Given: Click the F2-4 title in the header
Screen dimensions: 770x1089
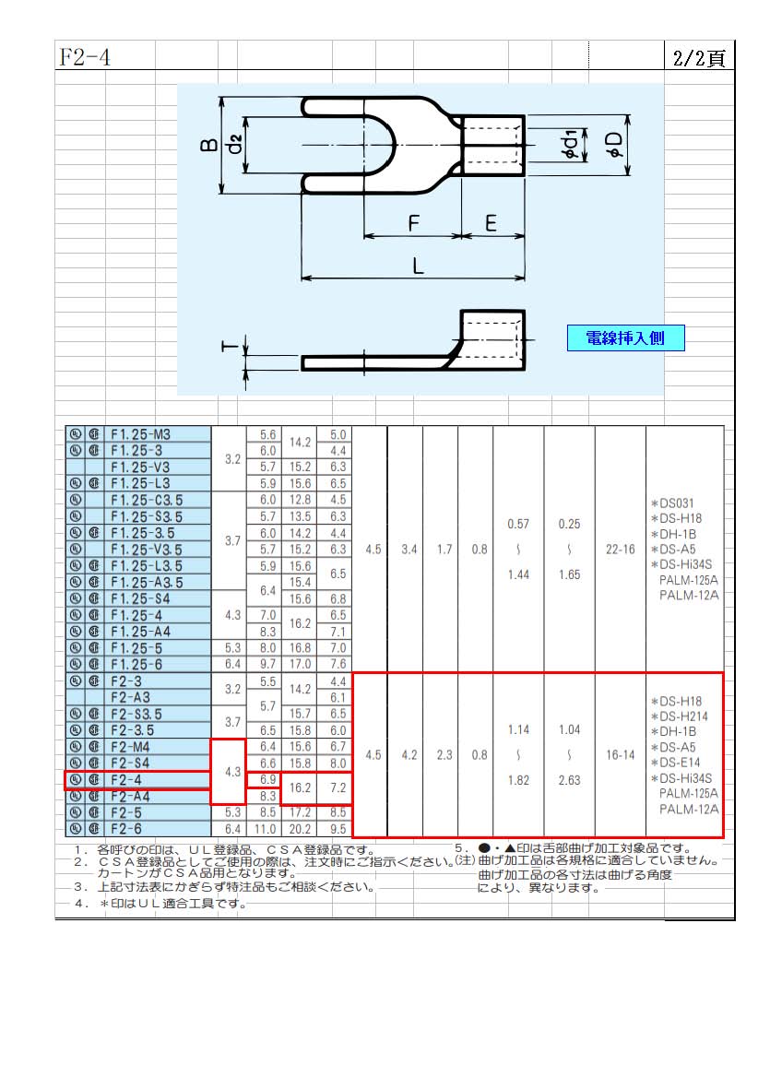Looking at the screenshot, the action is (85, 57).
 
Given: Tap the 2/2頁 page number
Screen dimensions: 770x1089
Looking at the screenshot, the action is (698, 58).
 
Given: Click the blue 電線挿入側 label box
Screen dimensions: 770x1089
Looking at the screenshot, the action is (625, 338).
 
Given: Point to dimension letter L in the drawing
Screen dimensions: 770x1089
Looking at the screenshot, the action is (418, 266).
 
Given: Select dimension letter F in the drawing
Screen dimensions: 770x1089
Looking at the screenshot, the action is (414, 223).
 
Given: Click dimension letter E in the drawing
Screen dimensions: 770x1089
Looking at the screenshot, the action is (491, 223).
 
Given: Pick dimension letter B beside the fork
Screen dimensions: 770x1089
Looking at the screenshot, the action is (209, 145).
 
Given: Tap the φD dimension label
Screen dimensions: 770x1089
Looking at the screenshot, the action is (614, 145).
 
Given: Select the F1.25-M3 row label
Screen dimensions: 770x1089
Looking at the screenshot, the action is (140, 434).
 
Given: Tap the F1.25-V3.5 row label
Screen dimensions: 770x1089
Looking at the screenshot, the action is (147, 550).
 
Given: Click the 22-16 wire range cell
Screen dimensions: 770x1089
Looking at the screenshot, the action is (620, 550).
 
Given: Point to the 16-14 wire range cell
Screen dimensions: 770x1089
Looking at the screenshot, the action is (620, 755).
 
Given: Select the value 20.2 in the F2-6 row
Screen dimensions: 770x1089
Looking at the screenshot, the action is (300, 829).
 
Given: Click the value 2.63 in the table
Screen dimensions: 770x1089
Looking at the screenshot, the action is (569, 780).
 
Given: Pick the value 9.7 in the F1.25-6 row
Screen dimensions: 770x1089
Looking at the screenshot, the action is (267, 664).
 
